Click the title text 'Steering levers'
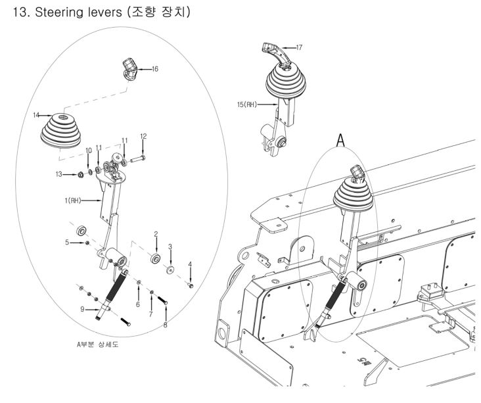click(x=75, y=12)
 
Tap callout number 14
click(x=37, y=116)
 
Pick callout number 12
click(x=143, y=136)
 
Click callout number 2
click(x=156, y=233)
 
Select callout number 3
click(x=170, y=246)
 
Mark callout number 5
click(x=67, y=242)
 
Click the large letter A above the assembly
click(x=341, y=140)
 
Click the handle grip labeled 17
click(x=271, y=51)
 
